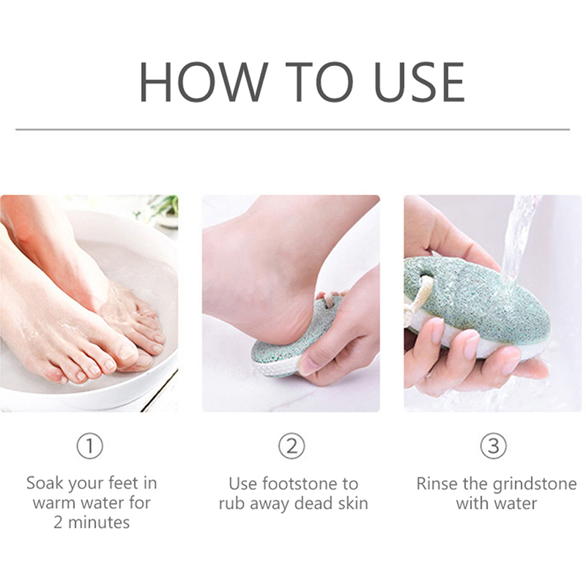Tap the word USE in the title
(419, 82)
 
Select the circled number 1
(89, 445)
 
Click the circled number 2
(292, 445)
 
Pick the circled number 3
(493, 445)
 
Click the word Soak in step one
(45, 483)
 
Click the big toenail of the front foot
(126, 352)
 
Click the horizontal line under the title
(292, 130)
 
